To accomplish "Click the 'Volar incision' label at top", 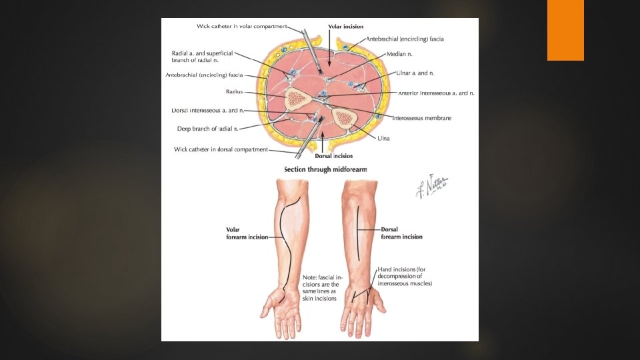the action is pos(345,27).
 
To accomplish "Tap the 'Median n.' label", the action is pos(401,54).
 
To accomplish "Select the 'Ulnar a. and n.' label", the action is pos(412,73).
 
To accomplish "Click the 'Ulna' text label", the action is pos(383,139).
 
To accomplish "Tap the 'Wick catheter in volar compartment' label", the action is pos(241,27).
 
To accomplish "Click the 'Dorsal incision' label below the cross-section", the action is pos(333,155).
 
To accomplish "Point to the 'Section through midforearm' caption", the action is pos(325,169).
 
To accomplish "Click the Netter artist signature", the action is pos(431,187).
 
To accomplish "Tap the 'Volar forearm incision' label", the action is pos(247,233).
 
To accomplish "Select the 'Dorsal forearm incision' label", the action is pos(401,233).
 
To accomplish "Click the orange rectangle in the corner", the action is pos(565,30).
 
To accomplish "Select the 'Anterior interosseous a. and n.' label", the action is pos(436,93).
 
